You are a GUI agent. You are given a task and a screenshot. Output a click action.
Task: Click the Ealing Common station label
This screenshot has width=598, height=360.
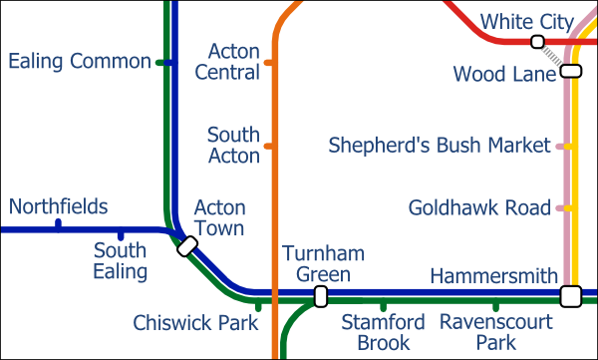pos(79,62)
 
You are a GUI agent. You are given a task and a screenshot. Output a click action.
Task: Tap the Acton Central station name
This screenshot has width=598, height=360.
pos(227,61)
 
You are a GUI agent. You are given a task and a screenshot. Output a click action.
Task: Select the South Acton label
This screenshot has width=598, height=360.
pos(233,145)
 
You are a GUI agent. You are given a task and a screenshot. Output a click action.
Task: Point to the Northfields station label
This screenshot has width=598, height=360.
pos(58,206)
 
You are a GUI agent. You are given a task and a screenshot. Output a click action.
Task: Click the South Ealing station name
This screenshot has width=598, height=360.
pos(121,260)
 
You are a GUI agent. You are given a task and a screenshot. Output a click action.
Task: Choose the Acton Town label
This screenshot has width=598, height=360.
pos(219,217)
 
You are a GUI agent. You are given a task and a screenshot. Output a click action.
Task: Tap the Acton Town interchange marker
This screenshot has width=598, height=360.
pos(186,245)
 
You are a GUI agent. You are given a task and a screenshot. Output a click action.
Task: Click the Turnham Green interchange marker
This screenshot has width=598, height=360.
pos(320,295)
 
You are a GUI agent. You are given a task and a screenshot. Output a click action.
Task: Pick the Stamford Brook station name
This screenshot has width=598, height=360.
pos(383,332)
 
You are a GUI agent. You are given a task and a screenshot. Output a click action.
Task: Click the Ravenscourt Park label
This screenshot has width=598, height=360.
pos(495,332)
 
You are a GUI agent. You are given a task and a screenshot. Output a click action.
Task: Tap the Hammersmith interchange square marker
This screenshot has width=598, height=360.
pos(570,295)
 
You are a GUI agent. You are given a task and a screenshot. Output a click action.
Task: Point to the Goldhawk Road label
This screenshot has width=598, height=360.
pos(479,208)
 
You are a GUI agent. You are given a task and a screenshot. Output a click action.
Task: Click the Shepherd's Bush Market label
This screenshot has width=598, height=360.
pos(440,147)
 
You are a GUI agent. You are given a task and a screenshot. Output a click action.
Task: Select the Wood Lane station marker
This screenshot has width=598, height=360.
pos(570,71)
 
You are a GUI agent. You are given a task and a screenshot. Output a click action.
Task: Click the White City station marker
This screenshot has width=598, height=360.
pos(537,42)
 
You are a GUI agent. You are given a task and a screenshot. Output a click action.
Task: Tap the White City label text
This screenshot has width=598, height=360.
pos(526,21)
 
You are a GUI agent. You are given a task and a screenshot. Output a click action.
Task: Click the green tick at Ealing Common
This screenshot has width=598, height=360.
pos(159,62)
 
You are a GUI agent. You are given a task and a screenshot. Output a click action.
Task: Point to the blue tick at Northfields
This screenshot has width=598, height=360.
pos(58,224)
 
